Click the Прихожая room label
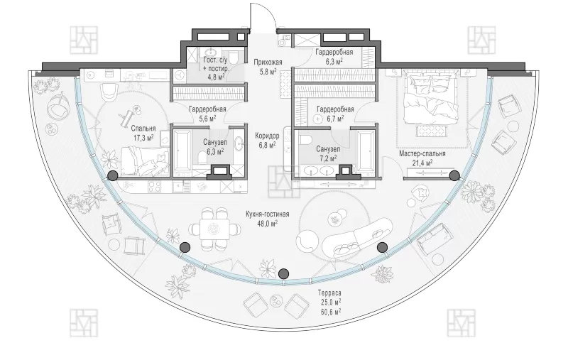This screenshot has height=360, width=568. tap(268, 62)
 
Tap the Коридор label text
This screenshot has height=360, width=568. tap(268, 136)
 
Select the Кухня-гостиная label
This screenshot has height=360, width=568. tap(268, 214)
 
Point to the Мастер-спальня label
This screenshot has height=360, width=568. tap(422, 153)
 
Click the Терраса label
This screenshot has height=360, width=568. tap(329, 293)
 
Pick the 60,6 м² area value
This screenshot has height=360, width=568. tap(329, 311)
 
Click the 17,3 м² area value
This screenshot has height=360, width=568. tap(143, 137)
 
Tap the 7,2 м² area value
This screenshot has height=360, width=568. tap(328, 158)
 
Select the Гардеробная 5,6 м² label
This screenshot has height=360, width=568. tap(207, 114)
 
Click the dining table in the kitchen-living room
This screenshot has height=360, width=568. tap(214, 229)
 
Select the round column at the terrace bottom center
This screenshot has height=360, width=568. tap(284, 273)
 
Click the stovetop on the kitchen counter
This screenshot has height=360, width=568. tap(155, 187)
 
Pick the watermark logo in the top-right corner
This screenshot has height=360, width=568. tap(481, 40)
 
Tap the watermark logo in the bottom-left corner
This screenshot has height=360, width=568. tap(84, 322)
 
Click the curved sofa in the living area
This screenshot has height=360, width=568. tap(357, 237)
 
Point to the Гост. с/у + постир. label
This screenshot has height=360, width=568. tap(216, 64)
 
